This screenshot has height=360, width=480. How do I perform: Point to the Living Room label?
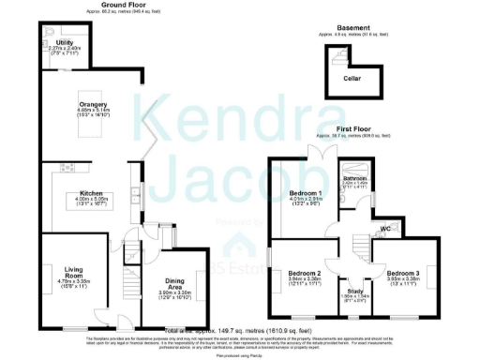pos(61,247)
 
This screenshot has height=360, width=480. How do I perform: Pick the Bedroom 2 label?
pos(305,273)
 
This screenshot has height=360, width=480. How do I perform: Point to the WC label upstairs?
pos(385,228)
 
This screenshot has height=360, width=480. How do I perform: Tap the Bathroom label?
pos(353,177)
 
